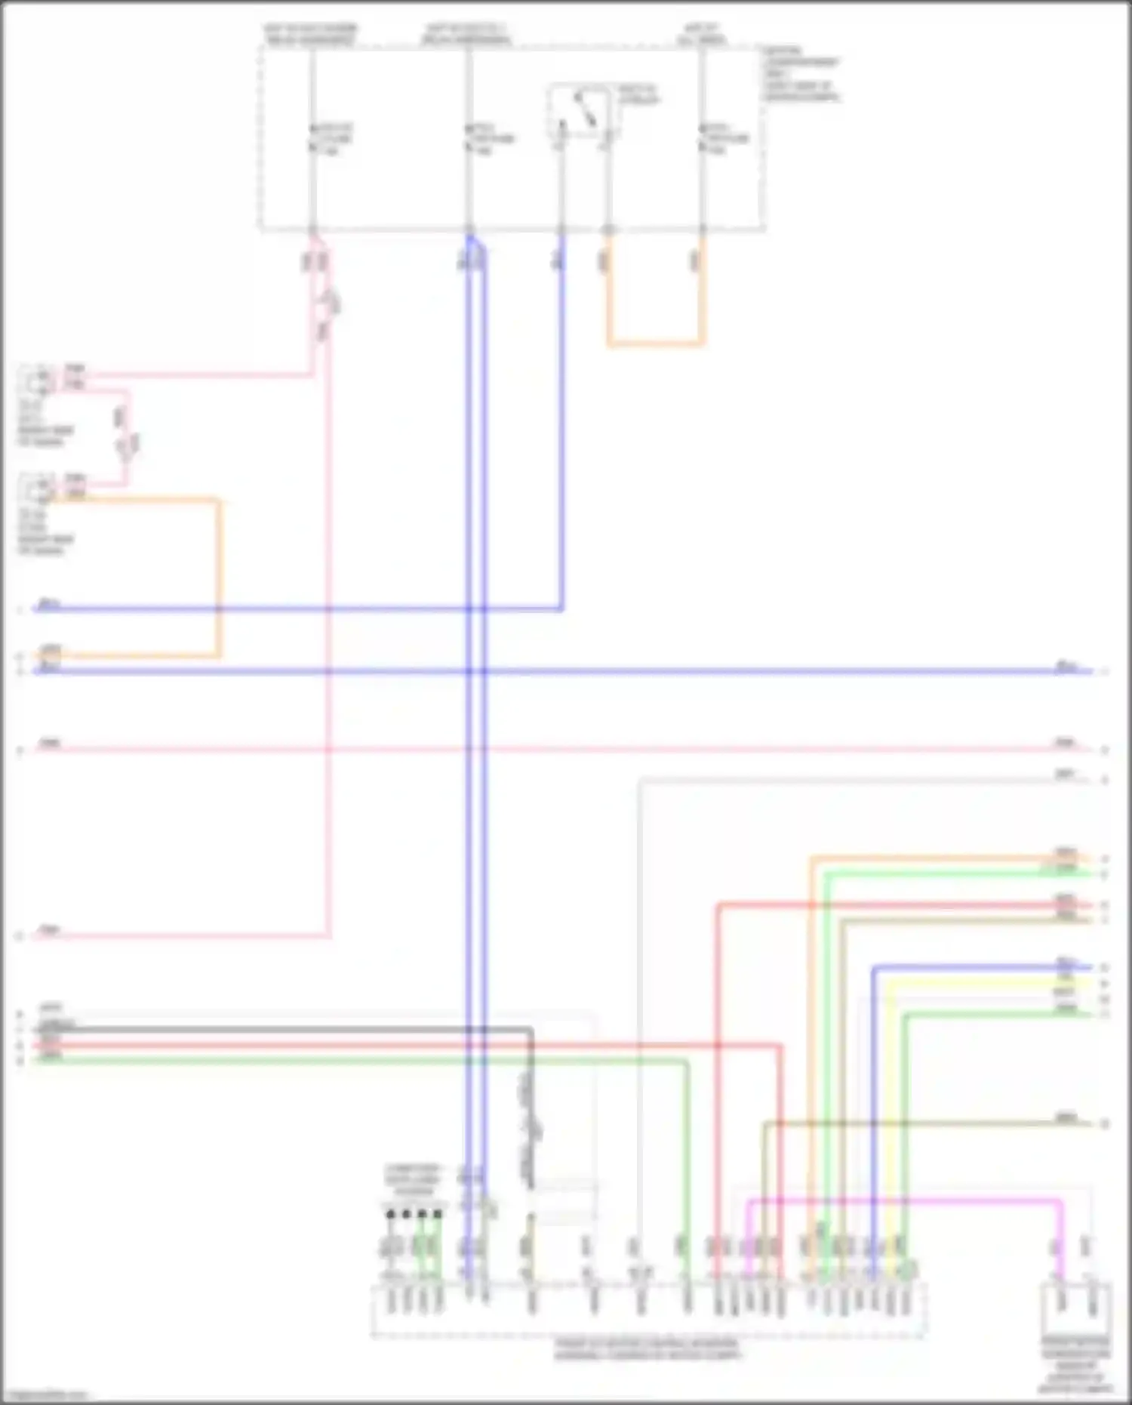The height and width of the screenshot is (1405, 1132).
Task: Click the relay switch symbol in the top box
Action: [581, 112]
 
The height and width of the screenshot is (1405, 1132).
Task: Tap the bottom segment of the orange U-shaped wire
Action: [655, 344]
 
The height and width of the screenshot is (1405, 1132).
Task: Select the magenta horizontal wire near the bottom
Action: [906, 1199]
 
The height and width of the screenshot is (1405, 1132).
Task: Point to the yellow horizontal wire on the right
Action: [989, 983]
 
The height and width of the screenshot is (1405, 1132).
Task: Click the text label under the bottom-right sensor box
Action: [1075, 1364]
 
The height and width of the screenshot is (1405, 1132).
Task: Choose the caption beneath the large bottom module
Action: [648, 1349]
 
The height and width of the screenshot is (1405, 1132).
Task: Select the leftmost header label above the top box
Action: [310, 34]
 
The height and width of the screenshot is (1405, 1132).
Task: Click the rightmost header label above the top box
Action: [701, 34]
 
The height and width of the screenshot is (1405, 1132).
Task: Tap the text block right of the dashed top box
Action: [801, 73]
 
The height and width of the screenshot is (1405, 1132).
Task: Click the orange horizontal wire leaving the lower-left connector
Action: [136, 499]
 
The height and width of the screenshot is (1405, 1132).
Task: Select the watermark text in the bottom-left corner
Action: [44, 1395]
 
